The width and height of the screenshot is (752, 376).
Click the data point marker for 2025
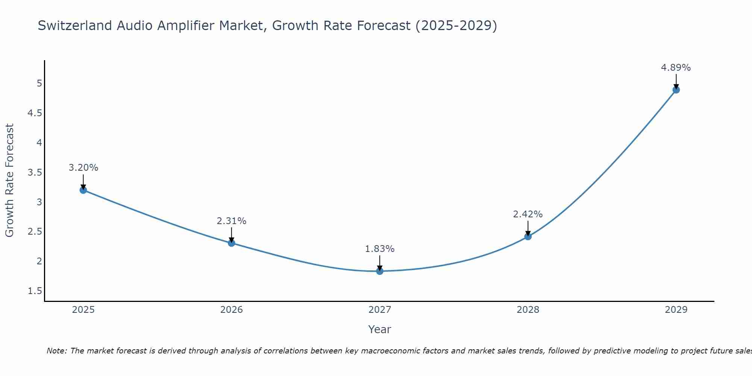tap(83, 190)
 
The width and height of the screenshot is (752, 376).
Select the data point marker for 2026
tap(231, 243)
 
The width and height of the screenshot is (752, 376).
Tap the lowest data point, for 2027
tap(380, 271)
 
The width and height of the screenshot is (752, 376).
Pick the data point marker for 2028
tap(528, 237)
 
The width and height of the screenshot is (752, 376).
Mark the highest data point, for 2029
tap(676, 90)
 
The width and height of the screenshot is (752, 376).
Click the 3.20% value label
tap(83, 168)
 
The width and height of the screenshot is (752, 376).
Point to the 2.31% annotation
tap(231, 221)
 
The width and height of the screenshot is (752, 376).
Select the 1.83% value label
tap(380, 249)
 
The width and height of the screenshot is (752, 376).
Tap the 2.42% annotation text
tap(528, 214)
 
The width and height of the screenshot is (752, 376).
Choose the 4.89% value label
tap(676, 68)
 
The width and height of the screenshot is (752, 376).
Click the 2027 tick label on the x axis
tap(380, 310)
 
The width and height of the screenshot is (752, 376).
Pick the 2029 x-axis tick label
tap(676, 310)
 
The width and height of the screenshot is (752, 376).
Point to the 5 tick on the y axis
tap(39, 83)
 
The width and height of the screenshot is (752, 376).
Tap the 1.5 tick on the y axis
tap(35, 291)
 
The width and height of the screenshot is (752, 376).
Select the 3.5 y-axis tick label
tap(35, 173)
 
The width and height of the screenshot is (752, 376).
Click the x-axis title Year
tap(380, 329)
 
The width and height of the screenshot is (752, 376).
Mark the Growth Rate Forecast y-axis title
tap(9, 180)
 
